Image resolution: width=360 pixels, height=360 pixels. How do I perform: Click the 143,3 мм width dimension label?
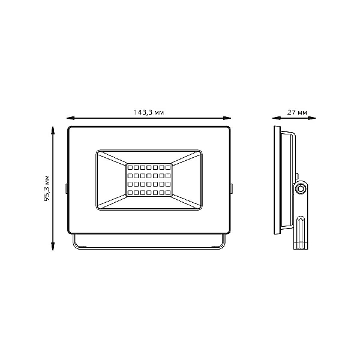[x=149, y=112]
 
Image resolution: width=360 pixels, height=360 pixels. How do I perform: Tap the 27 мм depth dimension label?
[x=297, y=112]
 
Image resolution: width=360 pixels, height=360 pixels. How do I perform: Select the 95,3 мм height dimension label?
[x=47, y=188]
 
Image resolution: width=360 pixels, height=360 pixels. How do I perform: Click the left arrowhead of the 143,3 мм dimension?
[x=70, y=118]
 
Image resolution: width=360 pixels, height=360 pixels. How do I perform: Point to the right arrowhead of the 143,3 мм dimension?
[x=227, y=118]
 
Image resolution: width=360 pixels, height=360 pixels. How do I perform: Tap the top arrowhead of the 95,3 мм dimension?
[x=53, y=130]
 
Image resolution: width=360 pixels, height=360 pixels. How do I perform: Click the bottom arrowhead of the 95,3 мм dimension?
[x=53, y=246]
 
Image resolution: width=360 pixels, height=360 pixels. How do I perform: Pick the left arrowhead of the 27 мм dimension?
[x=277, y=118]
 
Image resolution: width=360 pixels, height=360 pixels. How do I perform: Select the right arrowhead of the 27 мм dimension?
[x=312, y=118]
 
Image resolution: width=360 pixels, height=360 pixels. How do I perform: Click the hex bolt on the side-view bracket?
[x=301, y=189]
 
